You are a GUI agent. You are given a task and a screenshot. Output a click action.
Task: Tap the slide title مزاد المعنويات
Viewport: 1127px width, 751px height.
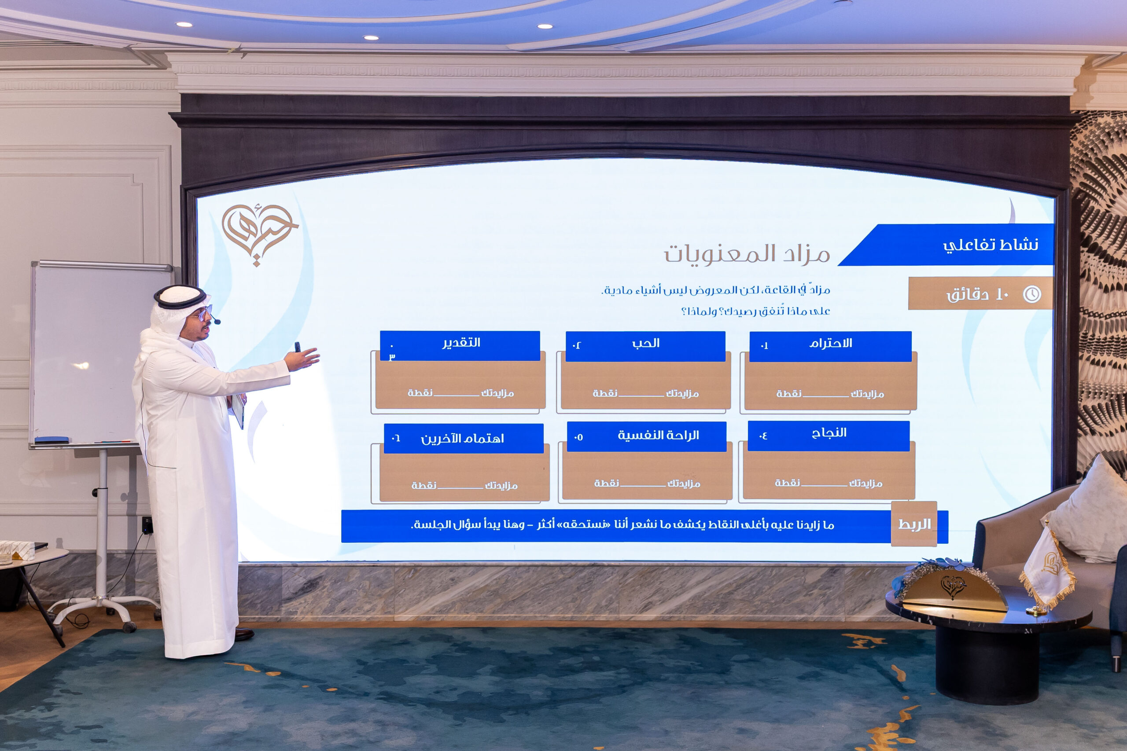click(747, 254)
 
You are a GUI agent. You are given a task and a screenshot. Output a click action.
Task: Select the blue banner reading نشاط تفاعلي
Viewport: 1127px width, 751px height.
click(947, 245)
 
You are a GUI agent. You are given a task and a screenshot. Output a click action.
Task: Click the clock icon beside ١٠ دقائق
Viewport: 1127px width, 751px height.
click(1031, 293)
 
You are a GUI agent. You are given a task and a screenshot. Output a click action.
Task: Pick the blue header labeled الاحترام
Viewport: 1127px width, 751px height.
click(830, 346)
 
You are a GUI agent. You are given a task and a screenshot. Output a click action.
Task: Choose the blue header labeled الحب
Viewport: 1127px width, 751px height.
click(645, 346)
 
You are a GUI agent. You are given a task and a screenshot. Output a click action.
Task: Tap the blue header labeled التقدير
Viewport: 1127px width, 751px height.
click(460, 345)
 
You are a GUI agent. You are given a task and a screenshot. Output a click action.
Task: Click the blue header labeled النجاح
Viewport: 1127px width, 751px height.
click(829, 436)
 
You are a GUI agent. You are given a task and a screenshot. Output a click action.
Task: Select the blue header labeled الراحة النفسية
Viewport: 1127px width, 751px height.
click(646, 436)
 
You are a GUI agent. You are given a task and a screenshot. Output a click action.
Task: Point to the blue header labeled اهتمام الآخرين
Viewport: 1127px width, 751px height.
click(464, 438)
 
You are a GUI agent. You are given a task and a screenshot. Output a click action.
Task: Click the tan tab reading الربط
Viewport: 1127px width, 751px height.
click(914, 524)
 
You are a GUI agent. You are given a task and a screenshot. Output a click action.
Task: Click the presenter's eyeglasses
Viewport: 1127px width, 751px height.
click(202, 314)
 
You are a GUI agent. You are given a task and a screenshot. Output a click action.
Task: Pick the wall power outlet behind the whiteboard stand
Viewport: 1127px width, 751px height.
click(147, 525)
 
